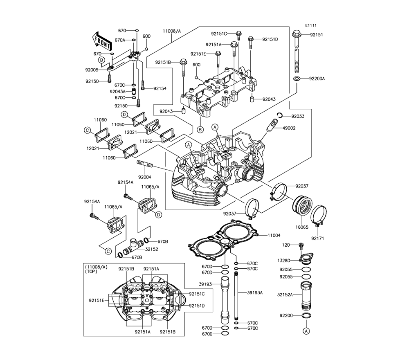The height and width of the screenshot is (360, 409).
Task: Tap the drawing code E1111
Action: click(310, 25)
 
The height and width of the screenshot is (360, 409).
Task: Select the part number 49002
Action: click(289, 128)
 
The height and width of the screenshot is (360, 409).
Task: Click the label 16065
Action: click(302, 227)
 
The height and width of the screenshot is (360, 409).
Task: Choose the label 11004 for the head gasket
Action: click(274, 235)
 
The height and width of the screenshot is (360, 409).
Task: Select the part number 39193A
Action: click(255, 292)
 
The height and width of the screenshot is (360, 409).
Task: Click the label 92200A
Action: click(317, 78)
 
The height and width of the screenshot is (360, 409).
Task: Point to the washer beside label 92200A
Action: click(298, 78)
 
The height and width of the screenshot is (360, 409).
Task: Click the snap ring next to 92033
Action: click(279, 116)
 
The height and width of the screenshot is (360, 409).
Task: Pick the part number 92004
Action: click(144, 177)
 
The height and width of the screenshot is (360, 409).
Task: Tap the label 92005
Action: click(92, 70)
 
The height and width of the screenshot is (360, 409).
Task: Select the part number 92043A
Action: click(117, 91)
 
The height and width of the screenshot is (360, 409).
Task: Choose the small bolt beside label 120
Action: click(301, 245)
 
